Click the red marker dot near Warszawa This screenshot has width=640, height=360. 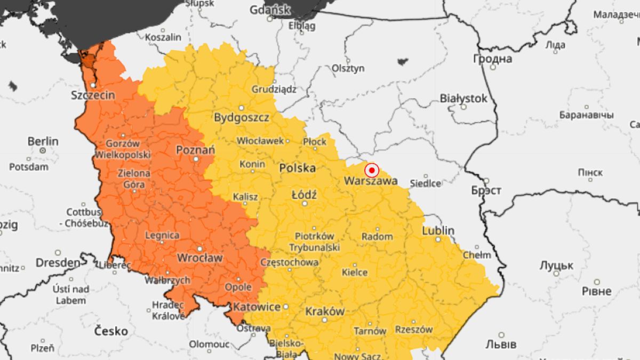(x=372, y=170)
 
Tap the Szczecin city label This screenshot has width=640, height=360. (x=93, y=95)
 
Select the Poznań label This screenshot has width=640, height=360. (x=196, y=150)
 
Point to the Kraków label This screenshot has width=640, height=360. (x=325, y=311)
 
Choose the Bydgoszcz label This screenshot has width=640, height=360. (x=242, y=118)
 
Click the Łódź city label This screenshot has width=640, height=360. (x=304, y=195)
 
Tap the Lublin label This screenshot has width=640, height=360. (x=438, y=231)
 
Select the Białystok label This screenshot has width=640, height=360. (x=463, y=99)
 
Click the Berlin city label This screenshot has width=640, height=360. (x=43, y=141)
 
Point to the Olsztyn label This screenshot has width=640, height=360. (x=348, y=68)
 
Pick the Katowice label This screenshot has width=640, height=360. (x=257, y=307)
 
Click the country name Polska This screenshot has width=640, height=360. (x=298, y=168)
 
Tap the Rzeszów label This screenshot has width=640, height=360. (x=414, y=330)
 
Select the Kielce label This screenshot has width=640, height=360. (x=355, y=273)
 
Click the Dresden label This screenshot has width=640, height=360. (x=58, y=263)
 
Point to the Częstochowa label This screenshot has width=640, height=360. (x=289, y=262)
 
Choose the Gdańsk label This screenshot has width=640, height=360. (x=270, y=10)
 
